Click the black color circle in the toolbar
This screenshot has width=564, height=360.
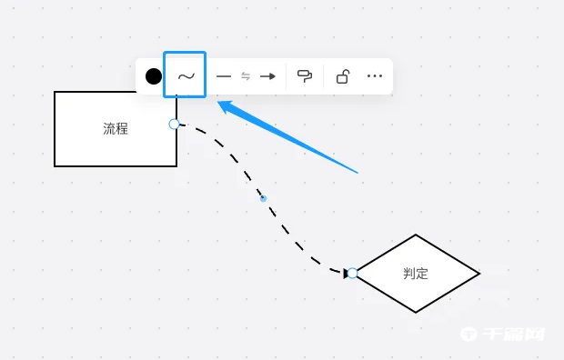pyautogui.click(x=154, y=76)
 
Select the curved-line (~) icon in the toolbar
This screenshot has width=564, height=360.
pyautogui.click(x=185, y=76)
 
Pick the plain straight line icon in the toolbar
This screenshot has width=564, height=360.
pyautogui.click(x=224, y=76)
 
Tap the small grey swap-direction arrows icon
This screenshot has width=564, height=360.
pyautogui.click(x=246, y=76)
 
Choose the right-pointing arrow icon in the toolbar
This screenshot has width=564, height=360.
pyautogui.click(x=267, y=76)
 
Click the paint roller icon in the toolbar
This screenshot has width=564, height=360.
pyautogui.click(x=305, y=76)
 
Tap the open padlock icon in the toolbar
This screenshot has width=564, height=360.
pyautogui.click(x=342, y=76)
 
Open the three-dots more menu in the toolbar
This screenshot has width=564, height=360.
pyautogui.click(x=375, y=76)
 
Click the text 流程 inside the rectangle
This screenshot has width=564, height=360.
pyautogui.click(x=116, y=129)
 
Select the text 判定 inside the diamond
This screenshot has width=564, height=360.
pyautogui.click(x=416, y=273)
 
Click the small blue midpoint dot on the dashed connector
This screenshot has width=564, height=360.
pyautogui.click(x=263, y=197)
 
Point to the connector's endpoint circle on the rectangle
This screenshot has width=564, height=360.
pyautogui.click(x=175, y=124)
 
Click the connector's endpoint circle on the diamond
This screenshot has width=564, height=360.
pyautogui.click(x=352, y=273)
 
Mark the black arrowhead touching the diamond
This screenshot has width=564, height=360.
pyautogui.click(x=346, y=273)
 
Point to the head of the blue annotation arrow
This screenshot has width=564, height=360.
pyautogui.click(x=220, y=104)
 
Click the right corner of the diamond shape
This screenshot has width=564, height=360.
pyautogui.click(x=478, y=273)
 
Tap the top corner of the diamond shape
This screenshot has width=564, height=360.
pyautogui.click(x=416, y=235)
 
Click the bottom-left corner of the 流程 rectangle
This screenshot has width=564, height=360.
pyautogui.click(x=55, y=165)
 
